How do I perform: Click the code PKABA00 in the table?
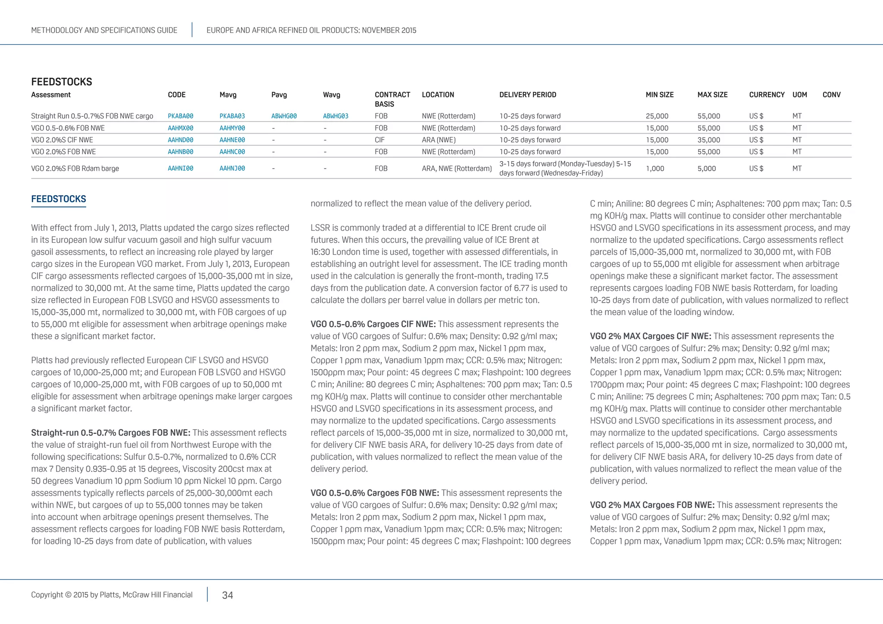click(180, 116)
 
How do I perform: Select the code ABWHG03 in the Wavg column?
click(335, 116)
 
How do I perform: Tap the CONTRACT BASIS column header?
click(392, 99)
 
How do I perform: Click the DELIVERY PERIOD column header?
click(527, 95)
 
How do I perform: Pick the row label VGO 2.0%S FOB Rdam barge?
click(75, 168)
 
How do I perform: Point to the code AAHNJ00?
click(232, 168)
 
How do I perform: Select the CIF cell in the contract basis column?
click(379, 140)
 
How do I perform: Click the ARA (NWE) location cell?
click(438, 140)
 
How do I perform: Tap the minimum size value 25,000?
click(657, 116)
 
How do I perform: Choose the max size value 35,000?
click(708, 140)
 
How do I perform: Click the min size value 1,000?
click(654, 168)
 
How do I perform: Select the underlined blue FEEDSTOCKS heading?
click(59, 199)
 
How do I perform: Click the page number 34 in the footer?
click(227, 595)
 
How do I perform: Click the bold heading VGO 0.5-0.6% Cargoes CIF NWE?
click(373, 324)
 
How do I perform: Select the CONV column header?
click(831, 95)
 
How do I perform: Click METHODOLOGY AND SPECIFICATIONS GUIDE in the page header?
click(104, 30)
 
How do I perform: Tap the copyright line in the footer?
click(112, 595)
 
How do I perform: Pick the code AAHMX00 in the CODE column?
click(180, 128)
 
